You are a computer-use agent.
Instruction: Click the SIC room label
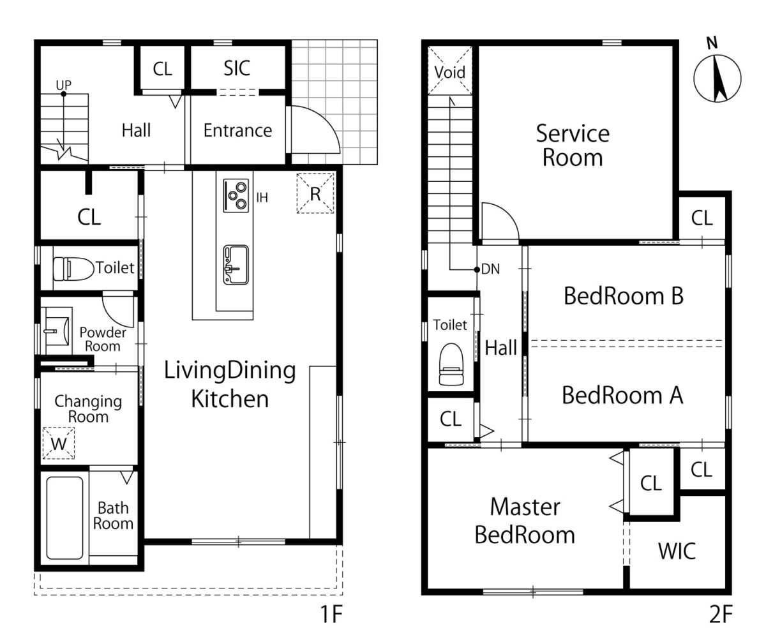pyautogui.click(x=237, y=68)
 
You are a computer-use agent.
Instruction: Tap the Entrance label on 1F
pyautogui.click(x=237, y=131)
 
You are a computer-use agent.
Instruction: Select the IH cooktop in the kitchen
pyautogui.click(x=236, y=195)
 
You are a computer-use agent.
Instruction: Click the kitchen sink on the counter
pyautogui.click(x=236, y=265)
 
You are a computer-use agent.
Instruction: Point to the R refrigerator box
pyautogui.click(x=315, y=193)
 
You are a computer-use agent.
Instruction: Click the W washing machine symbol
pyautogui.click(x=59, y=443)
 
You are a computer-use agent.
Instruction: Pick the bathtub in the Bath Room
pyautogui.click(x=65, y=518)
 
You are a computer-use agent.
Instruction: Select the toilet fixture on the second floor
pyautogui.click(x=451, y=364)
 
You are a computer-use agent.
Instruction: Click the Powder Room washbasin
pyautogui.click(x=57, y=331)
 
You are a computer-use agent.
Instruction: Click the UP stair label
pyautogui.click(x=63, y=85)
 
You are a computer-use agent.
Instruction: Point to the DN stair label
pyautogui.click(x=490, y=269)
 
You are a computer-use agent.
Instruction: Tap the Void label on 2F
pyautogui.click(x=450, y=72)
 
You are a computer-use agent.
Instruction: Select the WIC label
pyautogui.click(x=677, y=551)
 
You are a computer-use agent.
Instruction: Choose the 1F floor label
pyautogui.click(x=331, y=614)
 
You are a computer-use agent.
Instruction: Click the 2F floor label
pyautogui.click(x=721, y=614)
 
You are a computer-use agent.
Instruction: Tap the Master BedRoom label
pyautogui.click(x=525, y=521)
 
